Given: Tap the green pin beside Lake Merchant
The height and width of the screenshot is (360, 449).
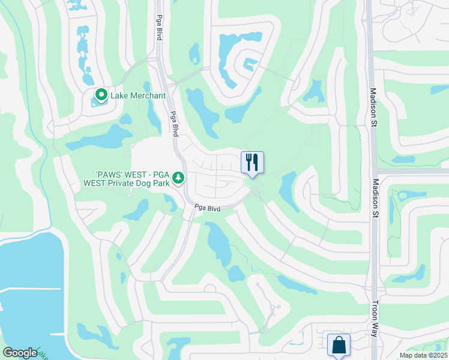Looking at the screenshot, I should tap(101, 94).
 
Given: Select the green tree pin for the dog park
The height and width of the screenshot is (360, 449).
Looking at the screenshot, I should tap(178, 178).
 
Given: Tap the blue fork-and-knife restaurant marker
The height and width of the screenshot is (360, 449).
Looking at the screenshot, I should tap(252, 162).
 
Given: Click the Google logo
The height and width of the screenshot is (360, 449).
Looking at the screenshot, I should tap(19, 353).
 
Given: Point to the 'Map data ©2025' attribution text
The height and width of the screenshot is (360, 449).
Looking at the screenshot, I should tap(423, 355).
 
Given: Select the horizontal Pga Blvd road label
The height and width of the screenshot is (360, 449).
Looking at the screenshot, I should tap(207, 208).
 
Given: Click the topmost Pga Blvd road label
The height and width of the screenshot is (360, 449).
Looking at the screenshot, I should tap(160, 28).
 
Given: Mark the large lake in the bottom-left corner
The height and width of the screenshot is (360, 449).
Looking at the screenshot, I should tap(27, 282).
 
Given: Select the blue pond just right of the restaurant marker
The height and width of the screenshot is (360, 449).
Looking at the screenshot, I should tap(288, 189).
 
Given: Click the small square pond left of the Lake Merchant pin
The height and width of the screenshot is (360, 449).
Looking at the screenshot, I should tap(94, 102).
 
